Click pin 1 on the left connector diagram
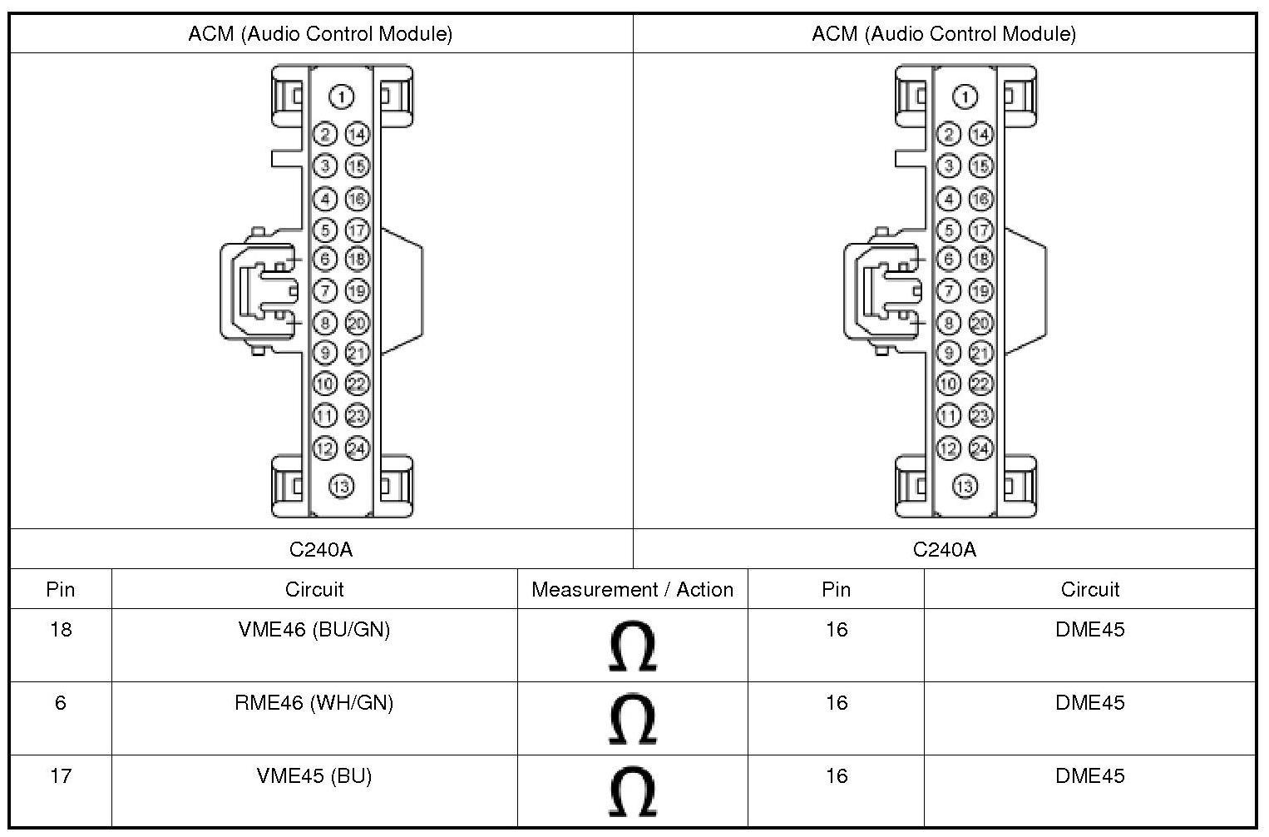pos(342,97)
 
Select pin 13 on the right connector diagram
pos(965,486)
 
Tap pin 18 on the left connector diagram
pos(357,260)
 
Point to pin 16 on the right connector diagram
pos(980,199)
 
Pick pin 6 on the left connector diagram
pos(325,260)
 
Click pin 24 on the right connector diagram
pos(980,448)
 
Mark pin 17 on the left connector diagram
pos(357,230)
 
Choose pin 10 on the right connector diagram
pos(948,384)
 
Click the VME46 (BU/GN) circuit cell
pos(314,629)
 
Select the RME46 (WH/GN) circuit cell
pos(314,703)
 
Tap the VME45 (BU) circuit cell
pos(314,776)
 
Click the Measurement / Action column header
pos(632,590)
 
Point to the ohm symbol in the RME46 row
pos(632,720)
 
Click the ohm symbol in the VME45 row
pos(632,792)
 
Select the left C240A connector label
pos(321,549)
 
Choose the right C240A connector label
pos(944,549)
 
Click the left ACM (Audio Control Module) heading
pos(320,34)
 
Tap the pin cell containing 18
pos(61,630)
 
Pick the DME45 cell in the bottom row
pos(1089,776)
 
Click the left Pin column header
pos(61,590)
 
